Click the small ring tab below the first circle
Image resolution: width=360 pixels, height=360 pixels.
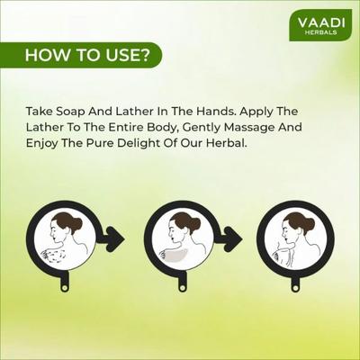64,287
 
